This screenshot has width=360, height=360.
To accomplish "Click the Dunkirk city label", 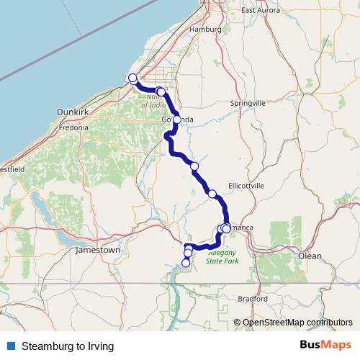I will [x=72, y=112].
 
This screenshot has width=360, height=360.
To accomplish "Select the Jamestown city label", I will [x=97, y=250].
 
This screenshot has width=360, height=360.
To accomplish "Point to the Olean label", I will [x=311, y=256].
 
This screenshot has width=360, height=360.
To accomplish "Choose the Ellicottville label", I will [x=246, y=186].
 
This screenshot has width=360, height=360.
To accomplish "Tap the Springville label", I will [x=248, y=104].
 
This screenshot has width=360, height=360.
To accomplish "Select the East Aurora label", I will [x=260, y=11].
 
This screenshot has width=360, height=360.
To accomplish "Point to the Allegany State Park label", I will [x=223, y=258].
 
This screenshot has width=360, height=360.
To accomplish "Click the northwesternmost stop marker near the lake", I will [x=132, y=78].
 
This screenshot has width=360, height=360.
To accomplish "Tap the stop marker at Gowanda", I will [x=177, y=120].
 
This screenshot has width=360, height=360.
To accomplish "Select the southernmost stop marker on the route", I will [x=186, y=263].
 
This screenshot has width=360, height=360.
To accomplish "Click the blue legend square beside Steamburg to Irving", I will [x=11, y=346].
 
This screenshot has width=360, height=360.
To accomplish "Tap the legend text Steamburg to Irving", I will [x=68, y=346].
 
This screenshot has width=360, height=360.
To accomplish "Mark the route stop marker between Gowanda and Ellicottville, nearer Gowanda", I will [x=194, y=166].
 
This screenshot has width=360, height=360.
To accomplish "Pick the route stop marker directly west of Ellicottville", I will [x=212, y=193].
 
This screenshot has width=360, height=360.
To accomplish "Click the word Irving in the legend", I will [x=101, y=346].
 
